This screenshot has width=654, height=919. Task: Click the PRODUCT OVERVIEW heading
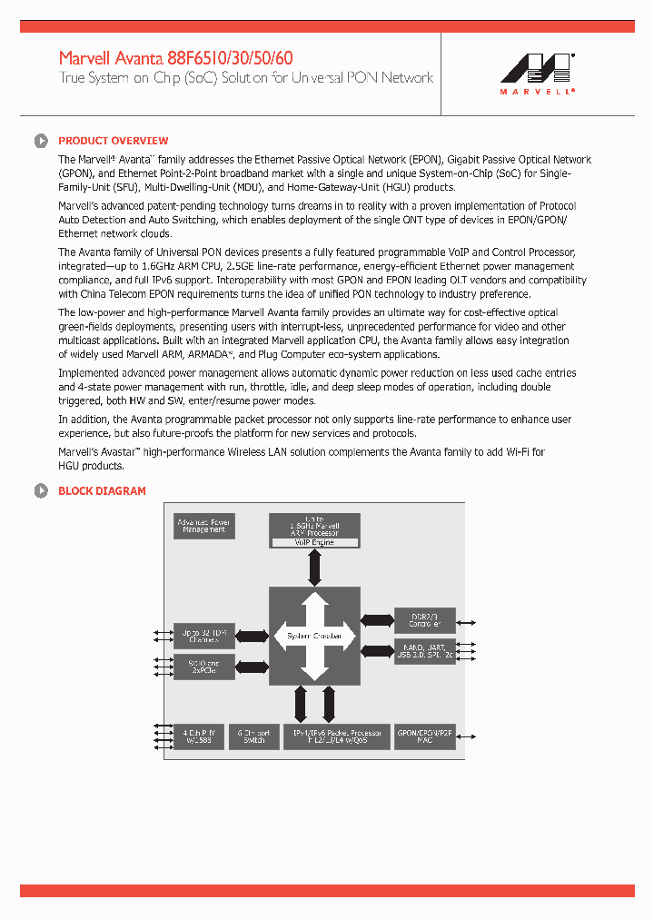pos(113,141)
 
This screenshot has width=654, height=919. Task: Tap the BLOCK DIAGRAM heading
pos(102,491)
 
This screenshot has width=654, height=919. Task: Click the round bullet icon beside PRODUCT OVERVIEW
pos(41,141)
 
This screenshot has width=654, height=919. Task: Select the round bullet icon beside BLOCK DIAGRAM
pos(41,491)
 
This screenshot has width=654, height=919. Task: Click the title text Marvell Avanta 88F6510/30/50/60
pos(175,58)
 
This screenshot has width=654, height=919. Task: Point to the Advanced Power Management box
pos(203,526)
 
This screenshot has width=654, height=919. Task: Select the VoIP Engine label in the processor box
pos(314,542)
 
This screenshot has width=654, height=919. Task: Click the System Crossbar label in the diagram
pos(314,637)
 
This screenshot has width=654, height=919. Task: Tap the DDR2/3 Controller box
pos(423,621)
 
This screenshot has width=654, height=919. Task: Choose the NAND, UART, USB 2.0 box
pos(423,651)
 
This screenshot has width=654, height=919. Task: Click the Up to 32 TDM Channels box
pos(203,637)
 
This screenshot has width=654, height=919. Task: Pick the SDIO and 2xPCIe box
pos(203,667)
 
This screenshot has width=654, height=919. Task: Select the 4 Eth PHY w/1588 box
pos(203,736)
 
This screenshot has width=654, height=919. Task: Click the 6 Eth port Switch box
pos(254,736)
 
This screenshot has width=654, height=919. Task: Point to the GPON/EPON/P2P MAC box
pos(423,736)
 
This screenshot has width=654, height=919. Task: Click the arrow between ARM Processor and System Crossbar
pos(314,568)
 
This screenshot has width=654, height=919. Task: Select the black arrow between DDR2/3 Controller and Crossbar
pos(377,621)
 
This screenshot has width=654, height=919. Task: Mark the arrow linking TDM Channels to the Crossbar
pos(252,637)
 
